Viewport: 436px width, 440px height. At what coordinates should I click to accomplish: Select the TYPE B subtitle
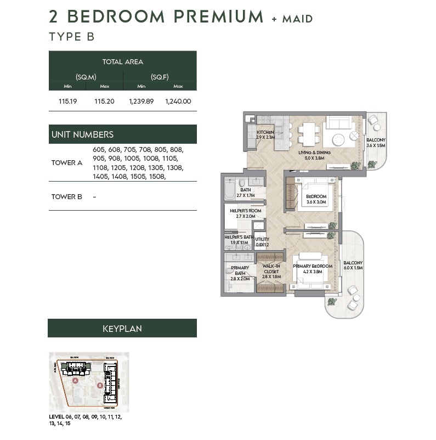pos(72,37)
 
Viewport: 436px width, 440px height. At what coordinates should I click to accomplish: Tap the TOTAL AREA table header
pos(122,62)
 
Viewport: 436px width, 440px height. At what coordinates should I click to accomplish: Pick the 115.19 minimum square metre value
pos(67,101)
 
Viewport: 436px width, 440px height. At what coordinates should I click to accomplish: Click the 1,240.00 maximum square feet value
pos(178,101)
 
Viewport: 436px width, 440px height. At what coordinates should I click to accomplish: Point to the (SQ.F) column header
pos(160,77)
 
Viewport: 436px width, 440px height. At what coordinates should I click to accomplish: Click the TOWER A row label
pos(67,163)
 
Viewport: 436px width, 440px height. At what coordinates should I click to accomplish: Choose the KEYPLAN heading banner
pos(122,329)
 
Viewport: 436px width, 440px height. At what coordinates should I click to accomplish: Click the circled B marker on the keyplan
pos(100,385)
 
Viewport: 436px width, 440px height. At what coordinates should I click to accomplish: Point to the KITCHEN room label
pos(265,132)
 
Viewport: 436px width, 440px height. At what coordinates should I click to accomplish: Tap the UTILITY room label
pos(262,239)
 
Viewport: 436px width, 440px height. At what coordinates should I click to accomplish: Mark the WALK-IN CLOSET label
pos(271,271)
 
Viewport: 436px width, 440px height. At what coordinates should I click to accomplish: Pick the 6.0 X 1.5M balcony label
pos(353,266)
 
